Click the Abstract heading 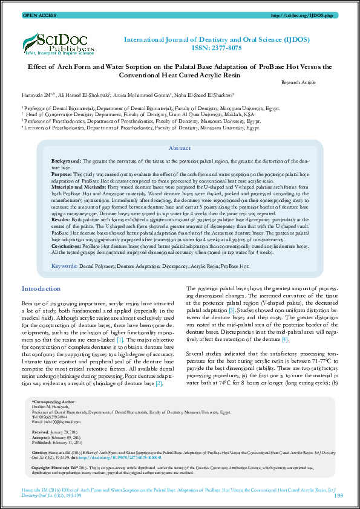tap(180, 148)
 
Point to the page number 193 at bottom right tap(338, 495)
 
